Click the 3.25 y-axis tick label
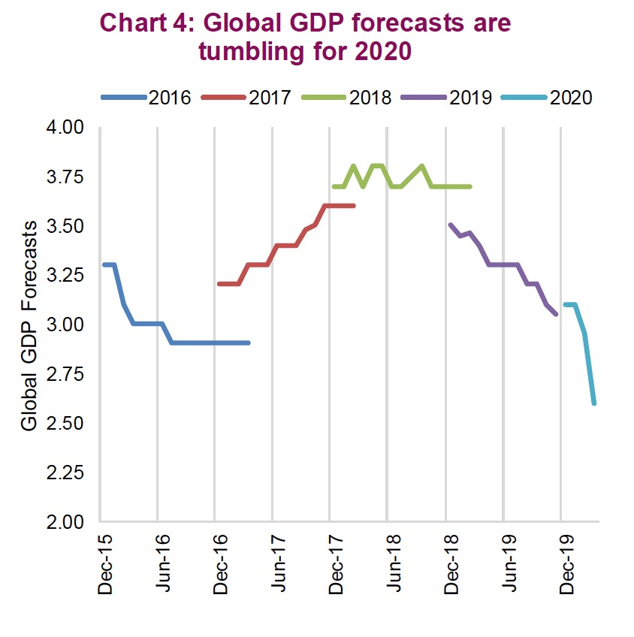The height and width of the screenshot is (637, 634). tap(68, 276)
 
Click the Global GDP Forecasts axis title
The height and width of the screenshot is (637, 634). tap(30, 325)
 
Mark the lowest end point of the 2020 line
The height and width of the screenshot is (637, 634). tap(594, 403)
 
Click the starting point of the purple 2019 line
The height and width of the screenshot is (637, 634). tap(450, 225)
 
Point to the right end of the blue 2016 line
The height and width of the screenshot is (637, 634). tap(248, 343)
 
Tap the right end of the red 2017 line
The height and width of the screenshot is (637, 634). tap(353, 205)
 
